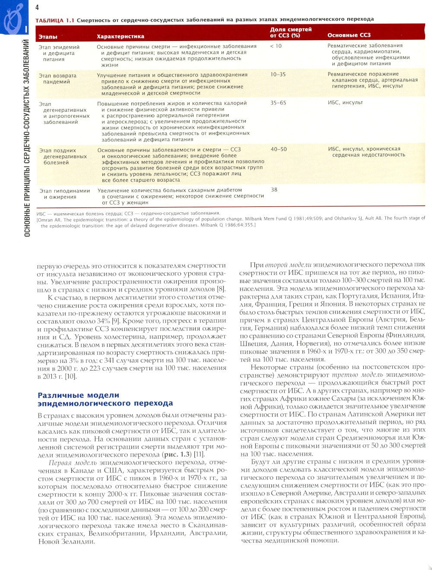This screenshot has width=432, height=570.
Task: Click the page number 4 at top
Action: pyautogui.click(x=37, y=7)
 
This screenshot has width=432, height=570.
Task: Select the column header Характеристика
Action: pyautogui.click(x=120, y=36)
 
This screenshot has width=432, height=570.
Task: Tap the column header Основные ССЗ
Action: pyautogui.click(x=349, y=35)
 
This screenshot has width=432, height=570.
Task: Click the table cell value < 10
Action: pyautogui.click(x=276, y=46)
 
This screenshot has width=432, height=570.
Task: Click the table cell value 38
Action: pyautogui.click(x=274, y=189)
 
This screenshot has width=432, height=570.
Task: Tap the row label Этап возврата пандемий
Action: pyautogui.click(x=57, y=78)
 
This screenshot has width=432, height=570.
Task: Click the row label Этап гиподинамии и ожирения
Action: pyautogui.click(x=64, y=194)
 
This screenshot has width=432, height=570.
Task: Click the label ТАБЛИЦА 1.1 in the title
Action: pyautogui.click(x=55, y=19)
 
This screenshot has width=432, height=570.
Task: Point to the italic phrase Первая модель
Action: pyautogui.click(x=71, y=463)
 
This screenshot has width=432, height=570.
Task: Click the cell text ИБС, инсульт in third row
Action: pyautogui.click(x=345, y=103)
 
